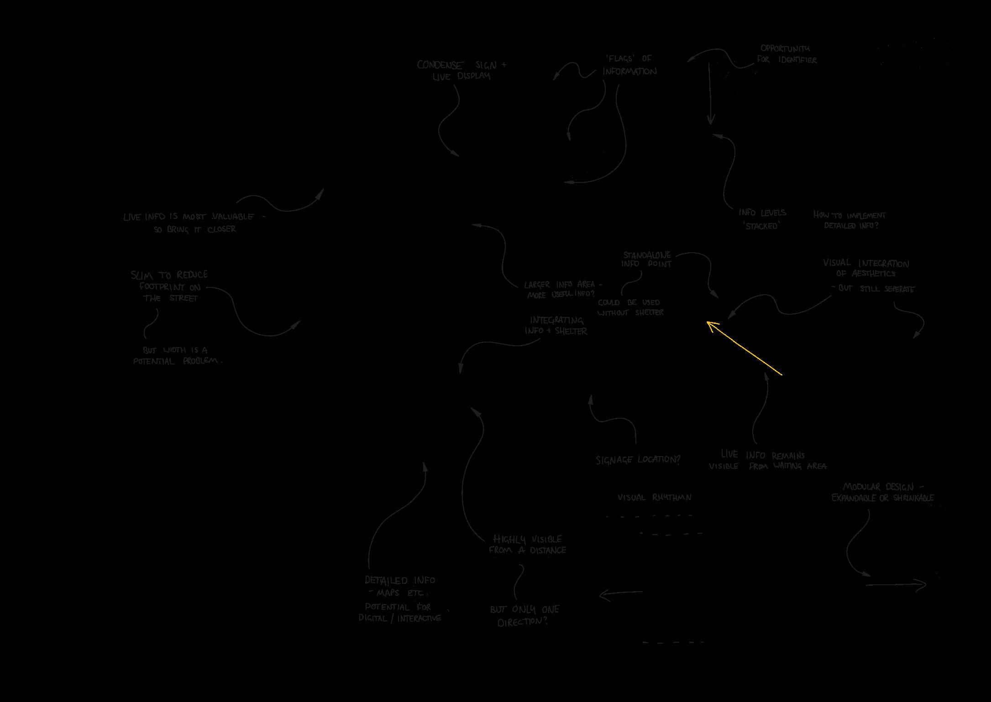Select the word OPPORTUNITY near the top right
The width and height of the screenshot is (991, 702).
point(785,48)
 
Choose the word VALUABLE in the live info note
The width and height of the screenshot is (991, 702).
point(233,217)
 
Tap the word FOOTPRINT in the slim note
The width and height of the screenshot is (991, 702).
point(162,287)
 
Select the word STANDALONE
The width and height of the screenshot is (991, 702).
point(647,255)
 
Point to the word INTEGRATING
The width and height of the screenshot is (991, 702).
point(556,320)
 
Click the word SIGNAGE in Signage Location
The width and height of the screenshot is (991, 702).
point(614,460)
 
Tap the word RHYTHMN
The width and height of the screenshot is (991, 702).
point(671,498)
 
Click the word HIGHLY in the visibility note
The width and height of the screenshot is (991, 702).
point(509,540)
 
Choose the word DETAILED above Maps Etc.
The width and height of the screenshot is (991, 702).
point(386,581)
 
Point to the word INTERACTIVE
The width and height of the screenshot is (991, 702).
point(419,619)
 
